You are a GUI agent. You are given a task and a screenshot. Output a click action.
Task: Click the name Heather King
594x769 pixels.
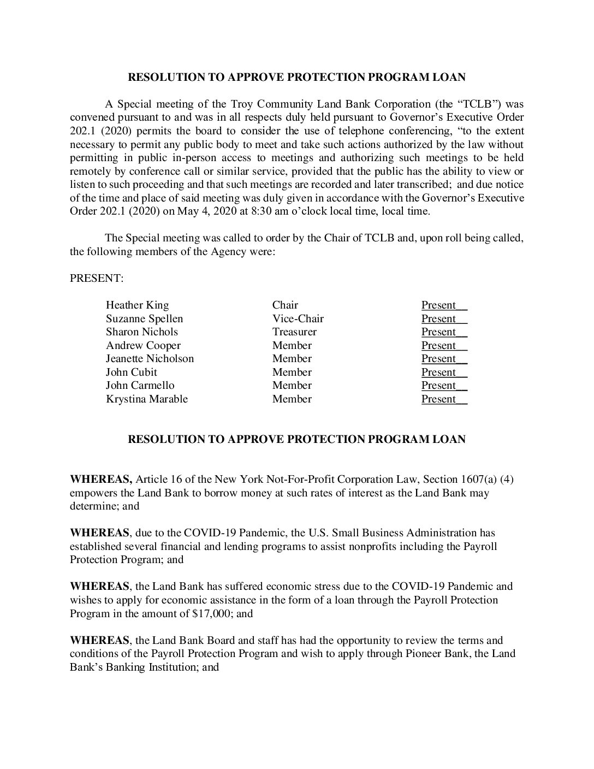137,305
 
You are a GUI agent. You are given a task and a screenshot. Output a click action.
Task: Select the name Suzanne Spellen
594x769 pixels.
144,319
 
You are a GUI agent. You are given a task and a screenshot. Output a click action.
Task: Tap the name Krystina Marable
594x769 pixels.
146,399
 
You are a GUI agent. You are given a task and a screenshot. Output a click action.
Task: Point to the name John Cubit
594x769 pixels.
131,372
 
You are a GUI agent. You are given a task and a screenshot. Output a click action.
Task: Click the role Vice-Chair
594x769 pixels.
298,319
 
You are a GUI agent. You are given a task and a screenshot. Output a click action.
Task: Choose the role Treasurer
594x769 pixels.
294,332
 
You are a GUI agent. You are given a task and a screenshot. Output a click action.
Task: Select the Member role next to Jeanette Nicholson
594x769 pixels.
292,359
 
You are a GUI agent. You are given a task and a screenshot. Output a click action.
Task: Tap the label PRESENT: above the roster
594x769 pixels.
97,279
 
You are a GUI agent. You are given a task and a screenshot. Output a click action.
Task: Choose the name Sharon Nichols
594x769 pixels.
141,332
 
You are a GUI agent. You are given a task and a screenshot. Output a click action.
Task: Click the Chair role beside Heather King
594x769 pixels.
285,305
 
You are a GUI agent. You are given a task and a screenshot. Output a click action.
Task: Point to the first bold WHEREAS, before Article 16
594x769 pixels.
101,480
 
